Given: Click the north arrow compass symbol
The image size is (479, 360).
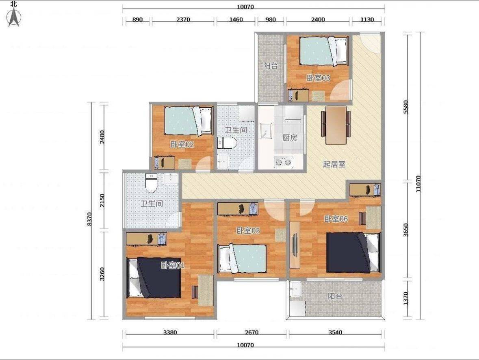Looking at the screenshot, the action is (x=13, y=17).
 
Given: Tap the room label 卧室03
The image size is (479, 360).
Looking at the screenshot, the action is (x=318, y=78).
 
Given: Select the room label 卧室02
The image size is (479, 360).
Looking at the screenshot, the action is (x=182, y=144).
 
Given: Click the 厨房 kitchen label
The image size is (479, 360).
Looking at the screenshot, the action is (x=290, y=138).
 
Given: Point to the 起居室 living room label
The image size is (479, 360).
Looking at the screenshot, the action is (x=334, y=164).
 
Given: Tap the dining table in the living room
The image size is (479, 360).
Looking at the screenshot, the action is (x=336, y=125).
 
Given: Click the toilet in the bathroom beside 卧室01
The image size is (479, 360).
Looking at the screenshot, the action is (x=151, y=182).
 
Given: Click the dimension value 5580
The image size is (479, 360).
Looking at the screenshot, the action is (x=405, y=107).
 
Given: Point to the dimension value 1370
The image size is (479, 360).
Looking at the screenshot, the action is (x=405, y=298).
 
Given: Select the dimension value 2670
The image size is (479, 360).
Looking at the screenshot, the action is (x=251, y=332).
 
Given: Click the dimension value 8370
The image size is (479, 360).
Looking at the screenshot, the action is (x=89, y=219).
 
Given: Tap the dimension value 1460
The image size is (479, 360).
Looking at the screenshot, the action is (x=236, y=20).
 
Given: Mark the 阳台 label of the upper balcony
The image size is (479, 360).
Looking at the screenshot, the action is (x=270, y=66).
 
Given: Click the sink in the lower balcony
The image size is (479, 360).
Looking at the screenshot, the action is (x=295, y=289).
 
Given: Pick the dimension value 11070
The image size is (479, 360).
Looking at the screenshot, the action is (x=418, y=183).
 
